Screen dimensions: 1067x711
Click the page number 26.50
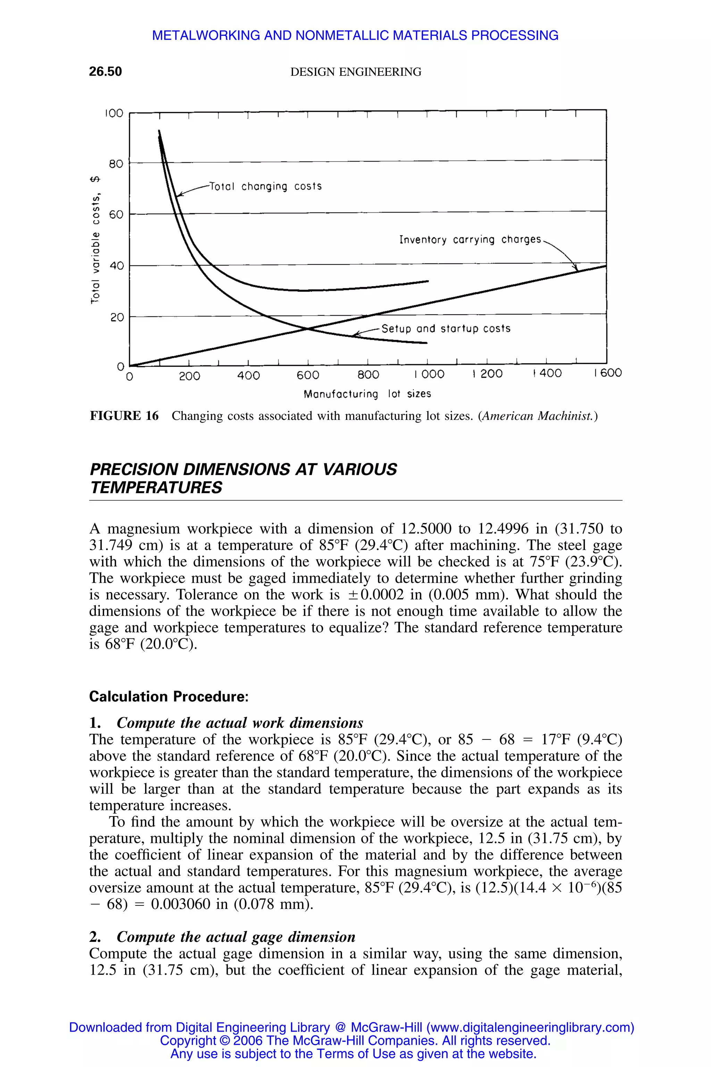[x=105, y=72]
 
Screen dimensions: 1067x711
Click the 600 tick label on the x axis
[x=308, y=375]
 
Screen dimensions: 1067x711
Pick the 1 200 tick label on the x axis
[x=487, y=374]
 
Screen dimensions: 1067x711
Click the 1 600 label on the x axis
[x=608, y=373]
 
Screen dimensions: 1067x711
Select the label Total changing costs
[x=265, y=187]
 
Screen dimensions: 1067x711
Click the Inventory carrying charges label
[x=470, y=240]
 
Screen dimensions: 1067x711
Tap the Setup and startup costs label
[x=446, y=329]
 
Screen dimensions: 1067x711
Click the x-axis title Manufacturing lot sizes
[x=367, y=394]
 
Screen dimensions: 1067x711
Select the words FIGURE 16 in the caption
[x=124, y=416]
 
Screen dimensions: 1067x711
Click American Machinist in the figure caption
[x=537, y=416]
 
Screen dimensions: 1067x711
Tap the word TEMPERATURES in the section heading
[x=156, y=488]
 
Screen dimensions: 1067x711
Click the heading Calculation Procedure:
[x=169, y=696]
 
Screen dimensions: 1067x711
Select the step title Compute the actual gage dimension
[x=236, y=937]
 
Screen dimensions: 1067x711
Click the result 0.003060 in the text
[x=181, y=904]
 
